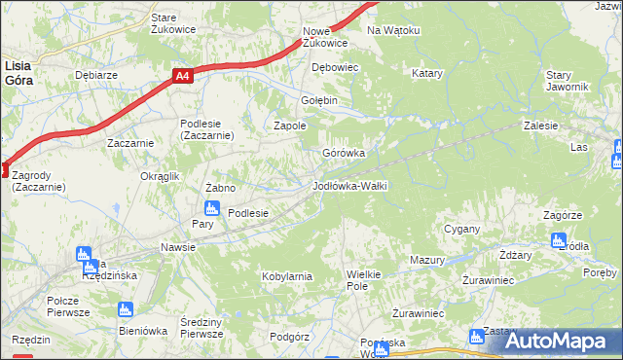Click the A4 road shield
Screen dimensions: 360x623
[182, 75]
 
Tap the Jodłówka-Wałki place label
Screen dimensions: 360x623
[349, 185]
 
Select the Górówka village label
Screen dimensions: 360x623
[344, 153]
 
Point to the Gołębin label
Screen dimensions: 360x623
[317, 100]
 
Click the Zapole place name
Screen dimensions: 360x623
[289, 126]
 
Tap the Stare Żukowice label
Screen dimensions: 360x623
[173, 23]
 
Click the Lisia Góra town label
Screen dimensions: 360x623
[18, 73]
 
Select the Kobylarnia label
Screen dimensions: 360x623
[286, 276]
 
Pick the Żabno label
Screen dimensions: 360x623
[221, 187]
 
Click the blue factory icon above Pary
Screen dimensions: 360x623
[211, 207]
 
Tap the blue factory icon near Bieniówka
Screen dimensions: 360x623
[124, 309]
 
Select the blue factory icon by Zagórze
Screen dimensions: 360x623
[558, 239]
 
